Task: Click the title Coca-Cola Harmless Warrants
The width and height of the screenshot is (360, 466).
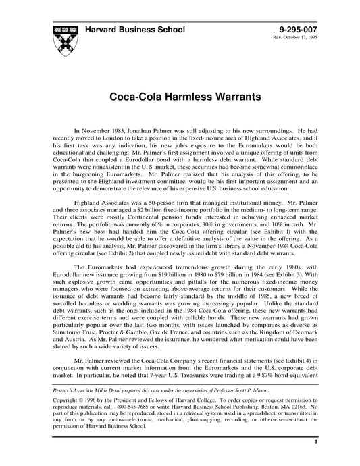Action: click(180, 98)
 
